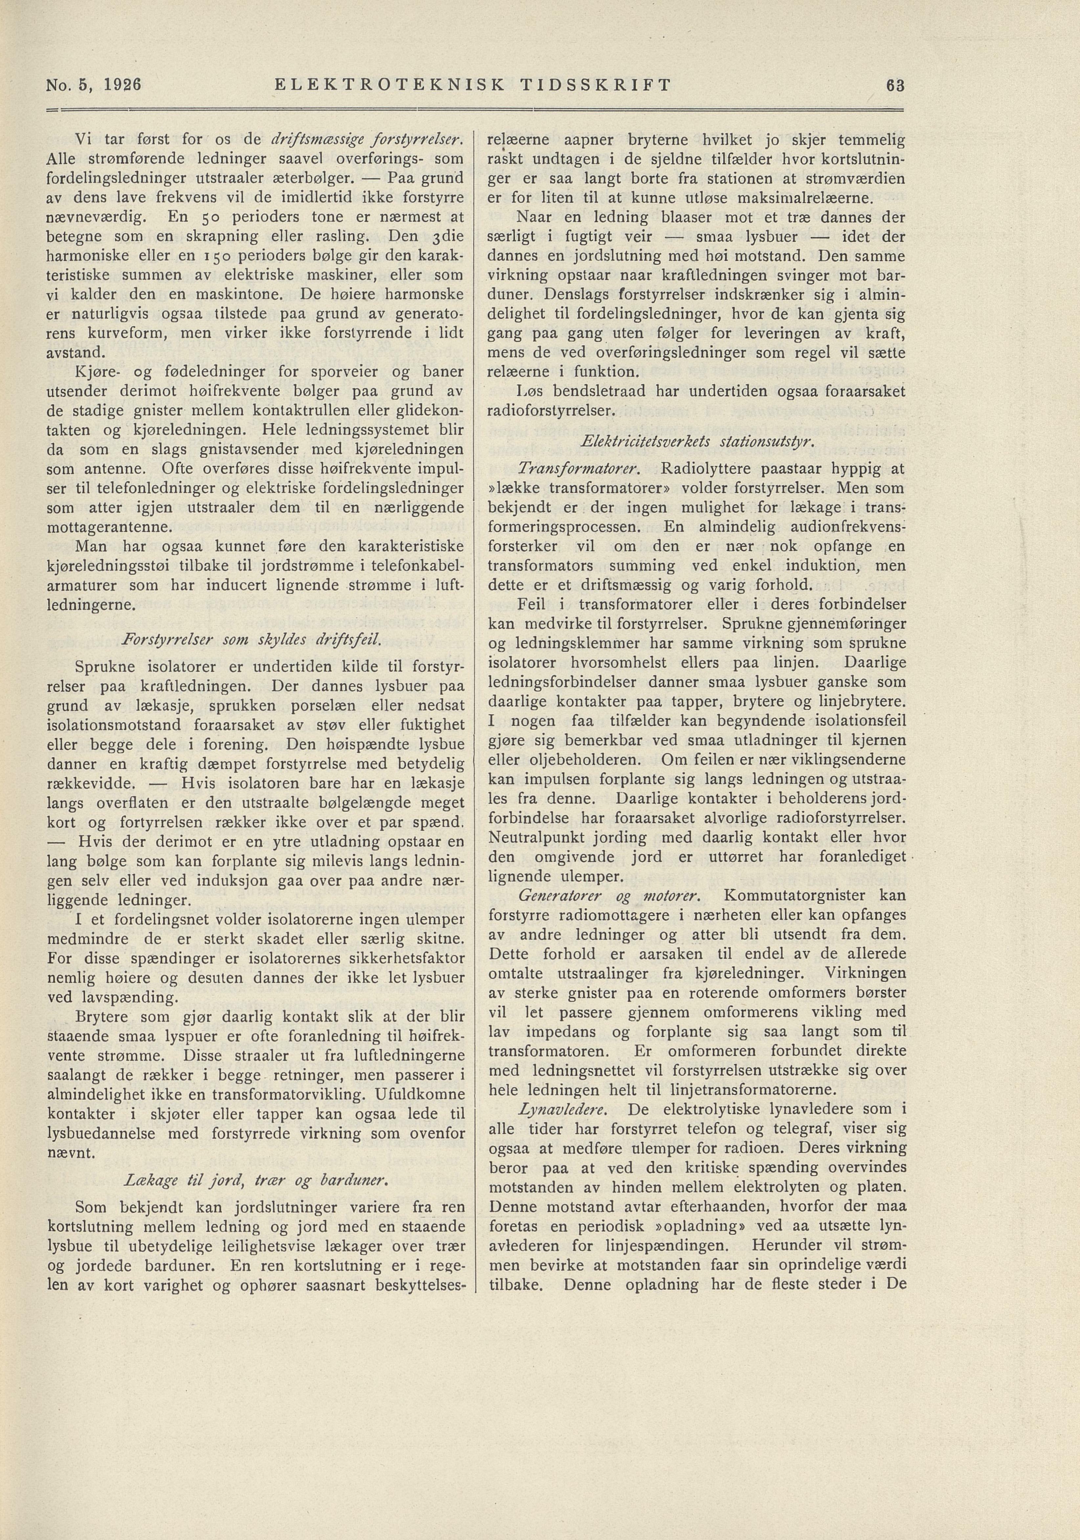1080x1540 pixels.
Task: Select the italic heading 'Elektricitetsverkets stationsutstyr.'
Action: click(698, 443)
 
